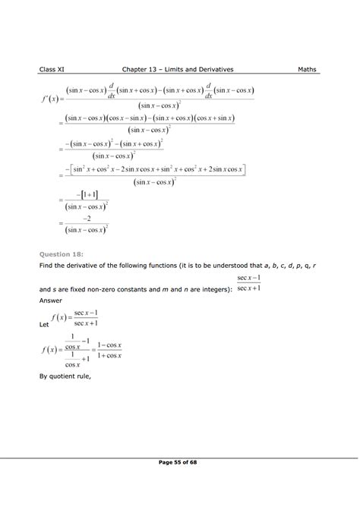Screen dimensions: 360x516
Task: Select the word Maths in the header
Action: (x=308, y=70)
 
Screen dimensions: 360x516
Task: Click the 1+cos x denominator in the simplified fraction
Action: (x=115, y=355)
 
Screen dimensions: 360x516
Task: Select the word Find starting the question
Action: (x=46, y=268)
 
